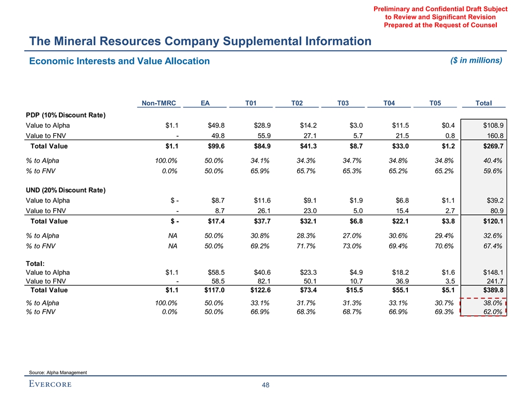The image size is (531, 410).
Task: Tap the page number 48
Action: (x=265, y=385)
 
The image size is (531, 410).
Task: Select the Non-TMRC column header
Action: (x=158, y=104)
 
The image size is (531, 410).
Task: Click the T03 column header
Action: (x=343, y=104)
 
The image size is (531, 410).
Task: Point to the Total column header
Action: (x=484, y=104)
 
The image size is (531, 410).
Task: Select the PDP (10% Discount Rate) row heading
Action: (x=65, y=115)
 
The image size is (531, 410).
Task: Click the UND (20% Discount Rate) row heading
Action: (x=65, y=190)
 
